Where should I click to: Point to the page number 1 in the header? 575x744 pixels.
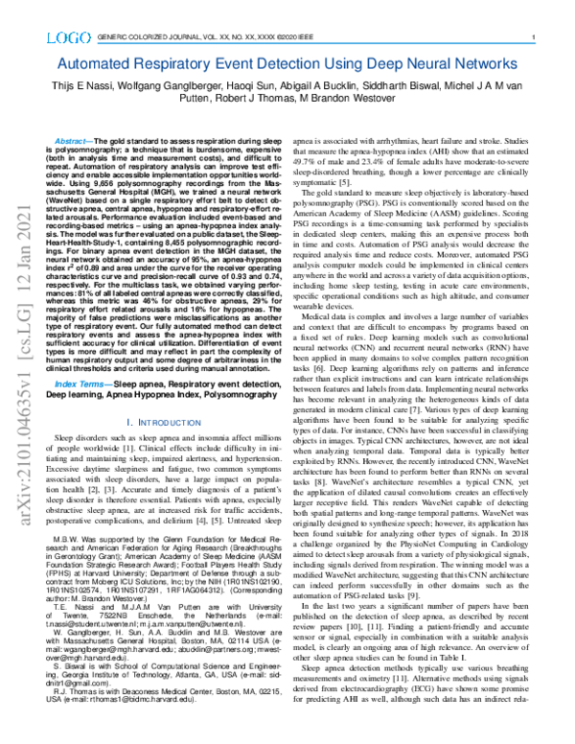coord(531,37)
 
